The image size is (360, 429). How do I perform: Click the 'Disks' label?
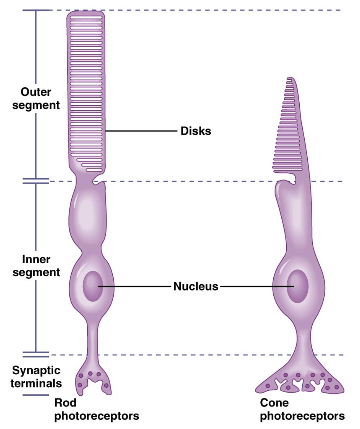(x=196, y=131)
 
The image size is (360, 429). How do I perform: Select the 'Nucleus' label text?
(x=196, y=286)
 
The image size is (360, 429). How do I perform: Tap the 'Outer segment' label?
(x=36, y=99)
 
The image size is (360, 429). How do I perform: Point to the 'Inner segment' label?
(x=36, y=266)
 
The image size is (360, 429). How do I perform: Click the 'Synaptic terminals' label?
(x=36, y=377)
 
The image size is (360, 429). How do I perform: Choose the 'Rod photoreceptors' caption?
(x=96, y=409)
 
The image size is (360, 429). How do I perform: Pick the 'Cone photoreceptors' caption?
(x=302, y=409)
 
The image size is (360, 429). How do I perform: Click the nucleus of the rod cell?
(x=93, y=286)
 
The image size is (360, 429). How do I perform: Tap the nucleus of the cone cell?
(x=298, y=286)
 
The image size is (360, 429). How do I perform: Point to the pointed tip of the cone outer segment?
(x=290, y=79)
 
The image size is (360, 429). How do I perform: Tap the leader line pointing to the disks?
(x=140, y=131)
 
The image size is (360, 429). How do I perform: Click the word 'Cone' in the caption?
(x=274, y=402)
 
